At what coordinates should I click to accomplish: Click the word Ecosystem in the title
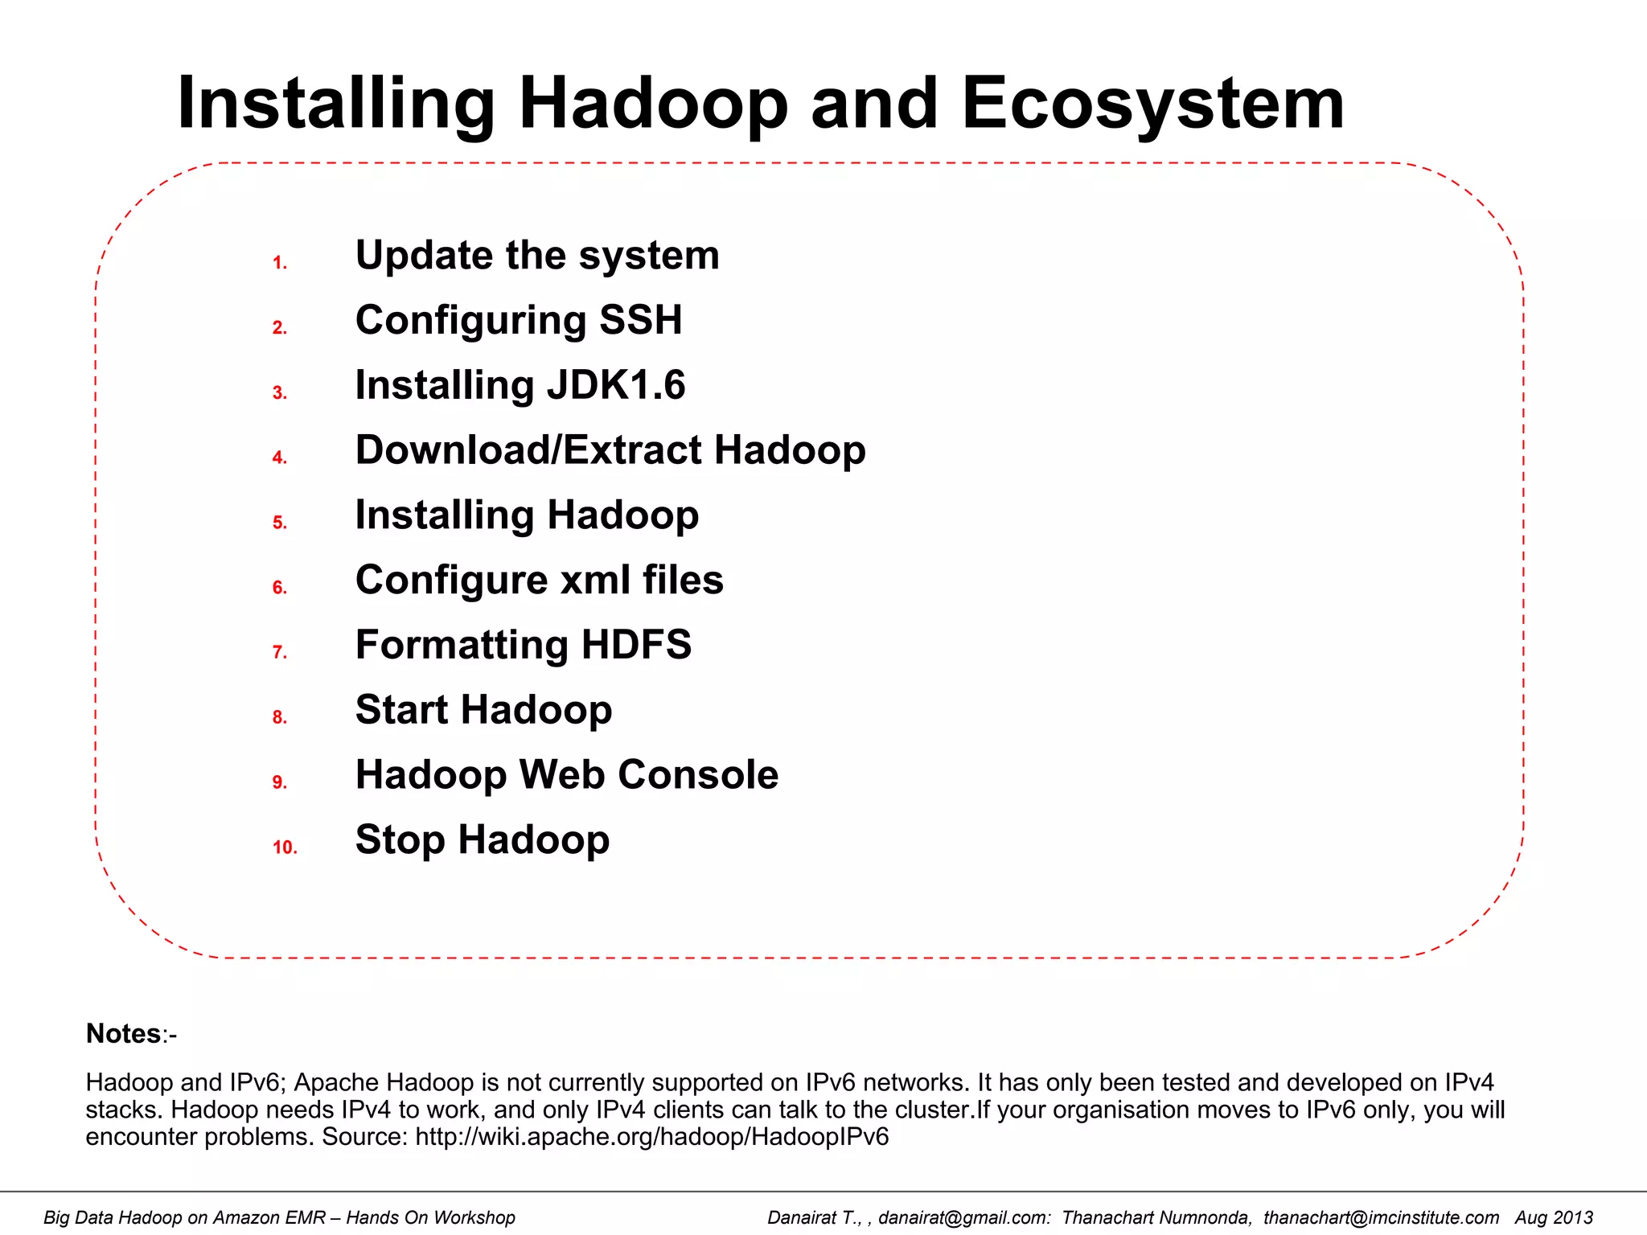click(1152, 105)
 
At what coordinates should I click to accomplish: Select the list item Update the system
click(537, 256)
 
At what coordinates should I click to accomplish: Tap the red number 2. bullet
click(279, 328)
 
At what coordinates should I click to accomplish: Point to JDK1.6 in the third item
click(616, 385)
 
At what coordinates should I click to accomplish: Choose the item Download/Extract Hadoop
click(610, 450)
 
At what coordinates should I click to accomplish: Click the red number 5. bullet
click(279, 523)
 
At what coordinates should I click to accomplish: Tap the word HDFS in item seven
click(635, 645)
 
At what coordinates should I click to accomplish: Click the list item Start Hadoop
click(483, 710)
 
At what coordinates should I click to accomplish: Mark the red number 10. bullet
click(285, 847)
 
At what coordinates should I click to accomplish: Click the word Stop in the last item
click(400, 840)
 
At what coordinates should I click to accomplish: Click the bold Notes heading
click(124, 1034)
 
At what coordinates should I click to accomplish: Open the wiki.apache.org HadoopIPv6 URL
click(651, 1137)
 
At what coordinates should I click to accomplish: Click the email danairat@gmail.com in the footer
click(963, 1218)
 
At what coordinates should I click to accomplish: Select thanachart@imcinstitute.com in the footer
click(1381, 1218)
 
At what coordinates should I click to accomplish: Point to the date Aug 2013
click(1554, 1218)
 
